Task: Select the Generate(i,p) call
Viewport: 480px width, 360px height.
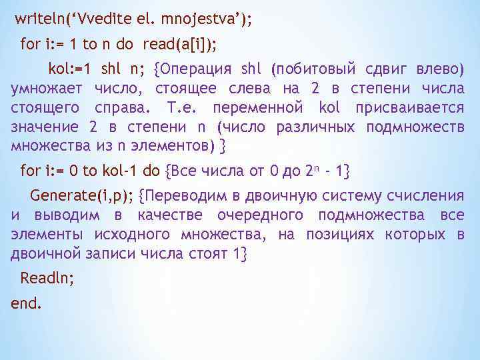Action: (x=81, y=195)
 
